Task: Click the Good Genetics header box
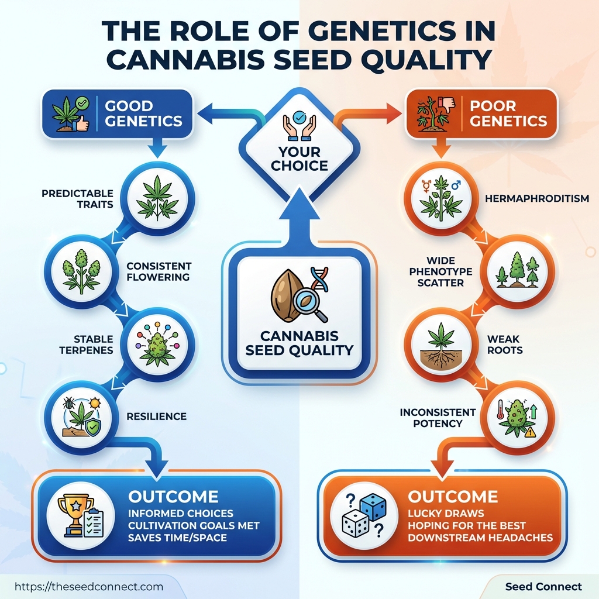pyautogui.click(x=118, y=114)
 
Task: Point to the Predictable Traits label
pyautogui.click(x=77, y=199)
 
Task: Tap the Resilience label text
pyautogui.click(x=156, y=416)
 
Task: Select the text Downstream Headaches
pyautogui.click(x=480, y=537)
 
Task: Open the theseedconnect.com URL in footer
pyautogui.click(x=88, y=586)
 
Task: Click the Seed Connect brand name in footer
pyautogui.click(x=543, y=586)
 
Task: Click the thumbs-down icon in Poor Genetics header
pyautogui.click(x=449, y=106)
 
